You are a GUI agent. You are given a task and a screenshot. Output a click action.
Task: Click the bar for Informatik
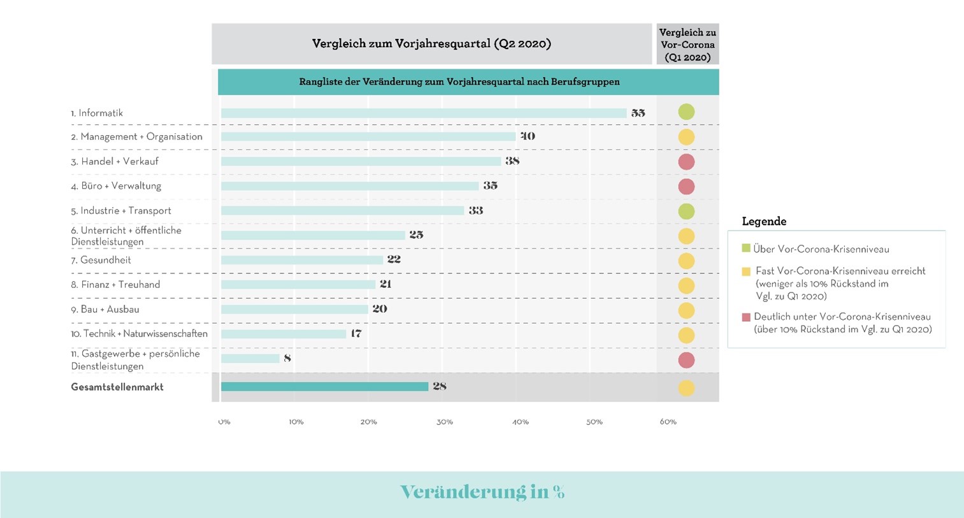click(x=424, y=113)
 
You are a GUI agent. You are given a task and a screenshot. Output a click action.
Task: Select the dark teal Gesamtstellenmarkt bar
click(x=324, y=387)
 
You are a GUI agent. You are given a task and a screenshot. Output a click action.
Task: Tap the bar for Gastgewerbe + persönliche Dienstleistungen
click(x=250, y=359)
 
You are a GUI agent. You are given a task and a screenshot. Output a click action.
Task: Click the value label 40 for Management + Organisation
click(x=528, y=136)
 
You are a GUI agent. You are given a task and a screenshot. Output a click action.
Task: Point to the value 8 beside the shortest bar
click(x=287, y=359)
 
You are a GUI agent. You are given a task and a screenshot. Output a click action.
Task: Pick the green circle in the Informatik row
click(x=686, y=112)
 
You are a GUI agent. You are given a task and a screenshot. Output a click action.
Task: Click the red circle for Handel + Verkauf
click(x=686, y=162)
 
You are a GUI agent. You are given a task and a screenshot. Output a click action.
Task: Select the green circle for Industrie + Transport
click(x=686, y=212)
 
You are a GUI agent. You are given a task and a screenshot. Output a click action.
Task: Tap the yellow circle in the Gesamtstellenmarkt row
click(x=686, y=388)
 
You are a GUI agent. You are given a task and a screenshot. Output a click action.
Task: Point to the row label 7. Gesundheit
click(x=101, y=260)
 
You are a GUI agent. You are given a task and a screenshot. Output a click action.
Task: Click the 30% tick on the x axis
click(x=445, y=422)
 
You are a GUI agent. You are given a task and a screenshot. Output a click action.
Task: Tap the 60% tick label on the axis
click(x=668, y=422)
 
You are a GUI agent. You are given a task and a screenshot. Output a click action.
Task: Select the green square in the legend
click(x=746, y=248)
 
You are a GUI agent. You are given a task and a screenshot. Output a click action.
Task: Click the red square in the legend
click(x=746, y=317)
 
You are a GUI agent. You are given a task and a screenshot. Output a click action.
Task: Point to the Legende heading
click(x=764, y=222)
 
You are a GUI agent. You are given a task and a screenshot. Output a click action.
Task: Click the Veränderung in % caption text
click(x=482, y=492)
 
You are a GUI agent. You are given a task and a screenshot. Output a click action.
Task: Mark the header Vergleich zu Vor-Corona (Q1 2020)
click(x=687, y=45)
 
